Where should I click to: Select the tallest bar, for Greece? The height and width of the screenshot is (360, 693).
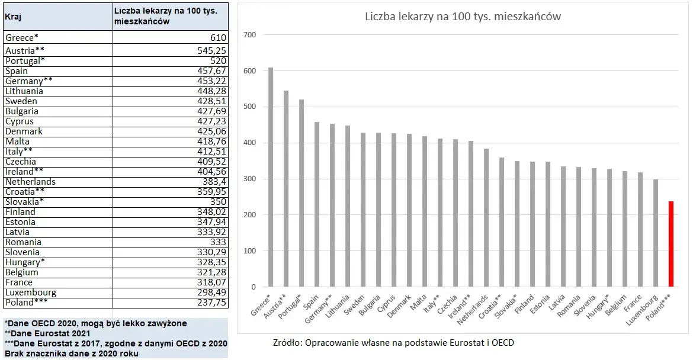(271, 177)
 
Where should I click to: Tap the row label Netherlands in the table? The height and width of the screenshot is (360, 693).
(30, 182)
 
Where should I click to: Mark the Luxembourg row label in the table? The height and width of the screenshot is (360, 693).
(31, 292)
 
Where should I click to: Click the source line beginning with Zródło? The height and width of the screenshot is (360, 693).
(393, 342)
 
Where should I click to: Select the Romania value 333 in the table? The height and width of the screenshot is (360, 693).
(217, 242)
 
